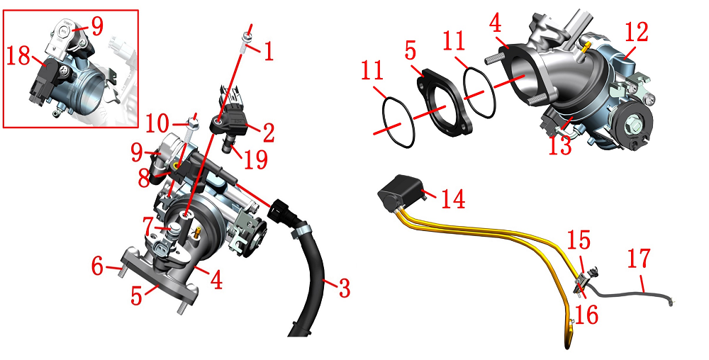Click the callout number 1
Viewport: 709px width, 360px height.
click(269, 52)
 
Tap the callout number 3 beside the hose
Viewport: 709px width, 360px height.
click(345, 288)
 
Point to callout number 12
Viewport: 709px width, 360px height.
click(636, 32)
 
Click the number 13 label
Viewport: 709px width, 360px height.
click(560, 145)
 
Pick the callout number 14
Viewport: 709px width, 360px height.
click(452, 198)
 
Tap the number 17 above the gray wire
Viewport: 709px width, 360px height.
click(639, 259)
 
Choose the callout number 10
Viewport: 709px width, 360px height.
click(157, 124)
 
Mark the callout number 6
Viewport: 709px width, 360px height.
click(97, 266)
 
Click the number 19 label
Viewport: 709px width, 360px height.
click(255, 159)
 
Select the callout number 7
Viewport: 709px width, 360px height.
click(150, 226)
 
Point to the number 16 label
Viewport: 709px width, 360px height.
click(587, 315)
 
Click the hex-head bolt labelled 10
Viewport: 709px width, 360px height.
click(192, 128)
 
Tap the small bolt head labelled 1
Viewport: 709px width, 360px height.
click(246, 38)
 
